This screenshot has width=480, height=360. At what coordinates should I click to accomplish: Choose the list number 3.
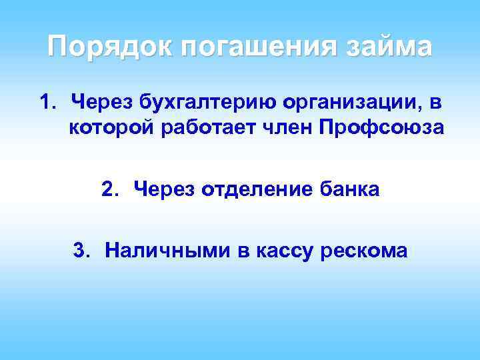[81, 251]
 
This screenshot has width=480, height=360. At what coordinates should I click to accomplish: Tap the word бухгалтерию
[204, 104]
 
